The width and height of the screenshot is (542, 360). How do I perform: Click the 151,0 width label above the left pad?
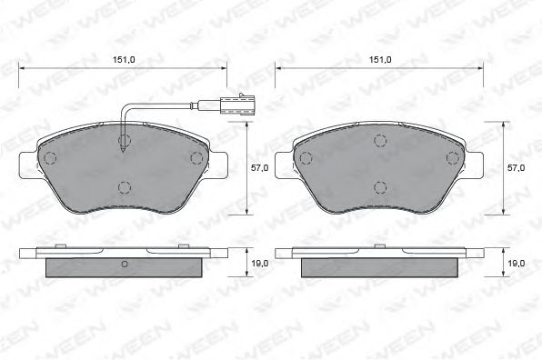click(124, 59)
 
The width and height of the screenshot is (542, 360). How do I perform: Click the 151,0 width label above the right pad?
click(380, 59)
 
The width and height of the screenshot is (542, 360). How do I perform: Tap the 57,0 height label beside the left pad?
click(259, 168)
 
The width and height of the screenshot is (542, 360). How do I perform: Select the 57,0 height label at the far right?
click(516, 168)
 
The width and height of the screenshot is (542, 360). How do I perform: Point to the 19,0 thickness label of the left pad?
click(259, 264)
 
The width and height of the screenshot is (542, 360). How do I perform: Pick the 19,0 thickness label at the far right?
click(516, 264)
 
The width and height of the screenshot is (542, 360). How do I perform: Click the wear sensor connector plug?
click(237, 105)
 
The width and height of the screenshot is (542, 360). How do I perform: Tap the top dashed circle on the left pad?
click(125, 140)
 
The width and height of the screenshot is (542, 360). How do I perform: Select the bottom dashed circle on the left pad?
click(125, 187)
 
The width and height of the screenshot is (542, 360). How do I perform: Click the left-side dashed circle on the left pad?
click(50, 158)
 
